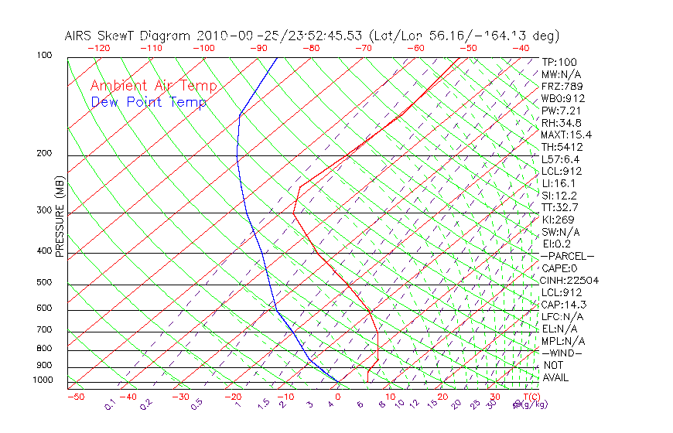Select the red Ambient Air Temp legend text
coord(153,86)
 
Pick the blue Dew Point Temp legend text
coord(149,102)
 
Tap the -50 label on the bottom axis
coord(75,397)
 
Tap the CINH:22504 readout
coord(569,281)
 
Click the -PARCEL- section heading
coord(567,256)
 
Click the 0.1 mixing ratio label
coord(110,404)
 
